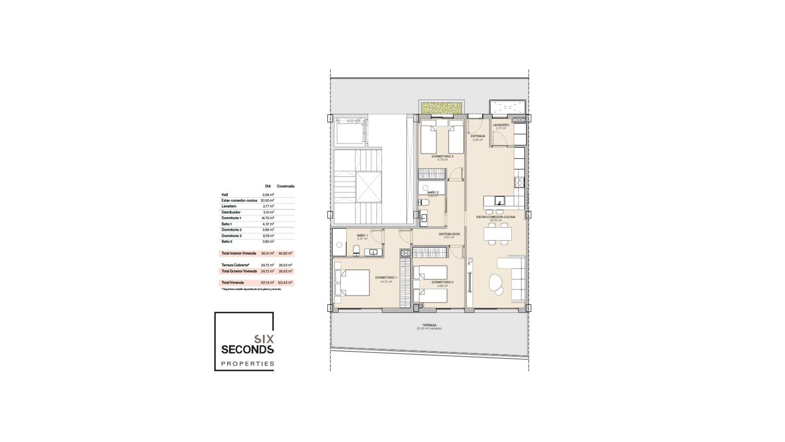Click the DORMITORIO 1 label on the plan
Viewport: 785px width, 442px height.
(384, 277)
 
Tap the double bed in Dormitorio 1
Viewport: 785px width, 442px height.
(352, 282)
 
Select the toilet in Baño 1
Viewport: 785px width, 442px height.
(356, 250)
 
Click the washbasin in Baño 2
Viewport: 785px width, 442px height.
(424, 218)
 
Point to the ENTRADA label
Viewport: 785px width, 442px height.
(478, 136)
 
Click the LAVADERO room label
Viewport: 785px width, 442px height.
(501, 125)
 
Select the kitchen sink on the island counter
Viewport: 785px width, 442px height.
(499, 201)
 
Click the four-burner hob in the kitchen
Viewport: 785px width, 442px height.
(519, 183)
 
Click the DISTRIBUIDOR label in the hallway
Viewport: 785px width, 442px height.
(449, 234)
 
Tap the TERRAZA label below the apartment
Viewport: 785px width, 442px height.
(429, 325)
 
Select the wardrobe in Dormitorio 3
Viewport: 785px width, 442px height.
(431, 174)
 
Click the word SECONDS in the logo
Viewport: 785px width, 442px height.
(247, 349)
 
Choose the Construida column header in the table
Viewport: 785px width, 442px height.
(285, 186)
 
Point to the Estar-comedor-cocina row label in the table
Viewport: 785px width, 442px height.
(239, 201)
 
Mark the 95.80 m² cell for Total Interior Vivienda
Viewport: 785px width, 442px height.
(285, 253)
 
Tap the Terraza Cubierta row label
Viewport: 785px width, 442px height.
(235, 265)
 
